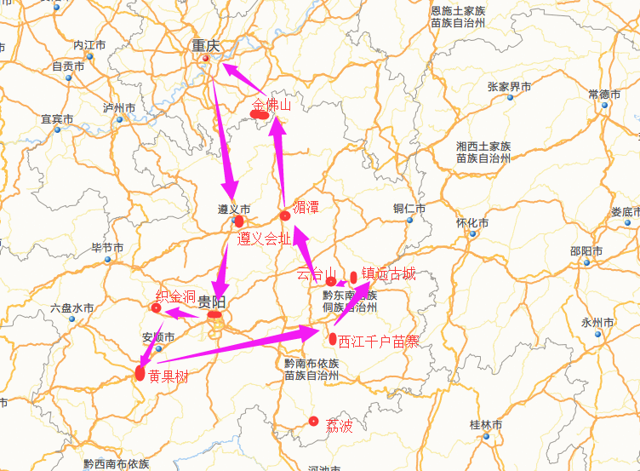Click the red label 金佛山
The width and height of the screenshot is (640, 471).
pos(272,106)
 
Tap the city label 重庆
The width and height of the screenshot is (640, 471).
pos(206,45)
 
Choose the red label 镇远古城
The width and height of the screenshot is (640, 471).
pos(389,273)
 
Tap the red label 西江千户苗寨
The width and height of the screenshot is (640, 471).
pos(378,342)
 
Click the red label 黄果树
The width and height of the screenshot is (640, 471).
pos(169,376)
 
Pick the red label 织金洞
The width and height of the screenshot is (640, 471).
pos(176,296)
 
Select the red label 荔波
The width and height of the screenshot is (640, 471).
pos(339,426)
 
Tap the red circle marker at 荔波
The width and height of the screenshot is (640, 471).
pos(314,421)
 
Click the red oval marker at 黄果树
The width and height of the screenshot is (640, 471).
pos(140,372)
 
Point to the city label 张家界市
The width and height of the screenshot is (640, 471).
pos(509,87)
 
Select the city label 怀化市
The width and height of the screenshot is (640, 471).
pos(472,223)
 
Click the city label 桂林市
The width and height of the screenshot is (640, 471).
pos(486,425)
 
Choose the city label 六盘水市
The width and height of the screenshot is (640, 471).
pos(71,307)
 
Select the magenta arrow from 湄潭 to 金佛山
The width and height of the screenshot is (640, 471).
pos(279,162)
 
